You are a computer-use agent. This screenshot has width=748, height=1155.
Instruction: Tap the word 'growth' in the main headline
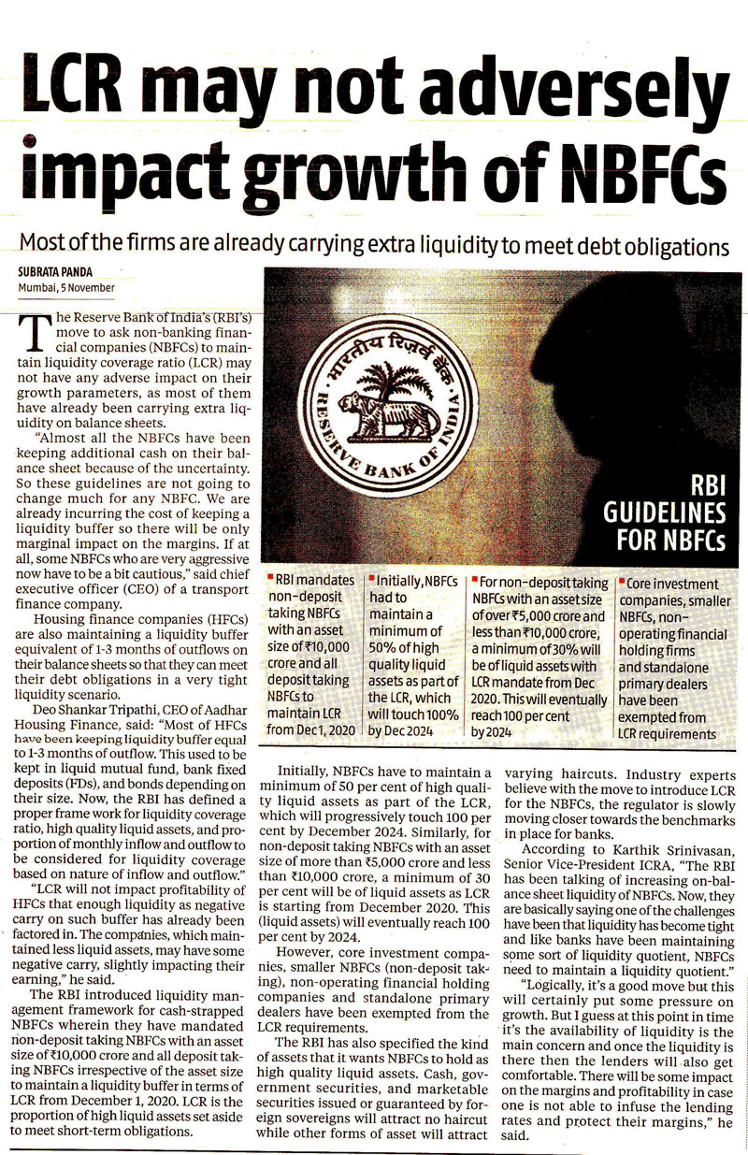[x=352, y=174]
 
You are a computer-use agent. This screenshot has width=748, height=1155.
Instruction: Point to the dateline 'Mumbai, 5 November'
[x=65, y=287]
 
